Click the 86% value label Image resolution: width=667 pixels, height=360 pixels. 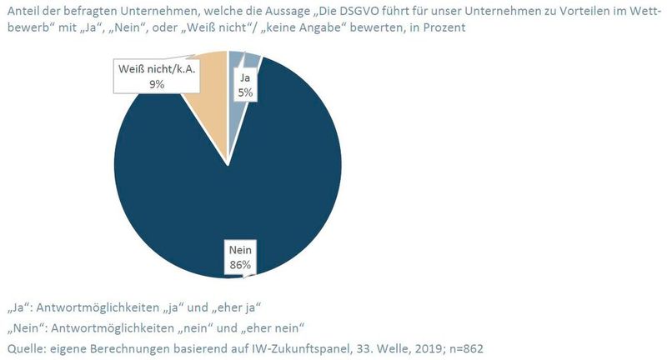pyautogui.click(x=242, y=266)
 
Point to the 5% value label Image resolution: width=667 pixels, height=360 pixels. pyautogui.click(x=246, y=92)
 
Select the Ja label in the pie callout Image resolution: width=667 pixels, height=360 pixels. pyautogui.click(x=246, y=78)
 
